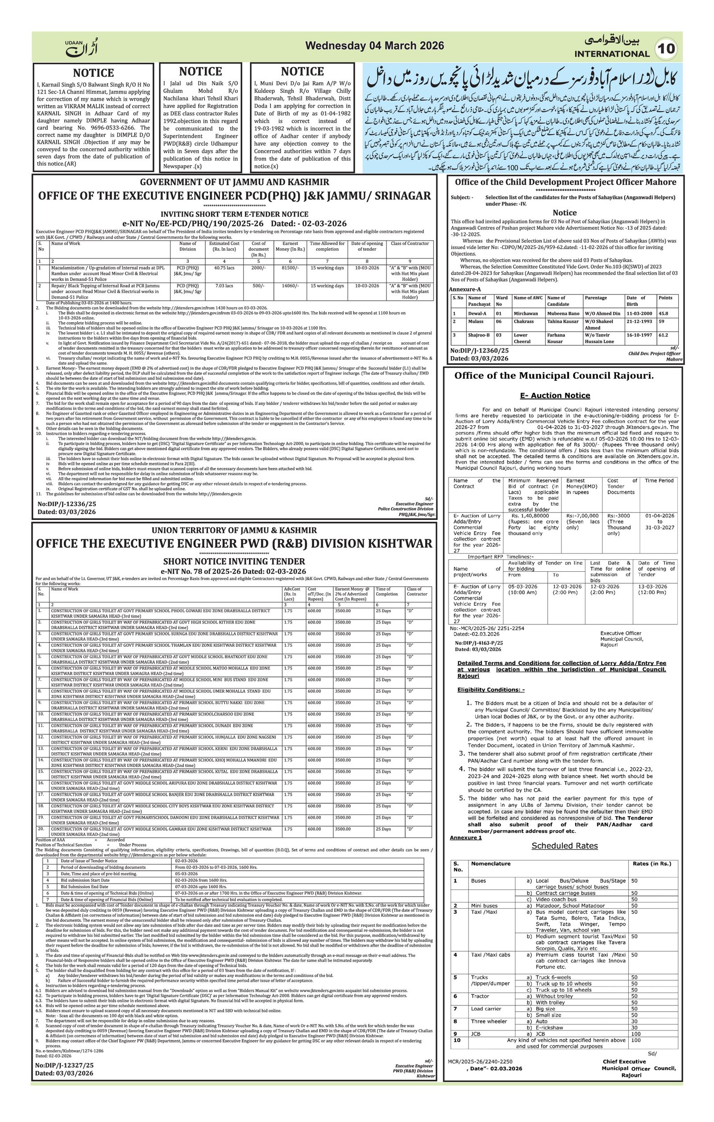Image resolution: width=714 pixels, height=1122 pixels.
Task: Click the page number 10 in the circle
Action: tap(667, 49)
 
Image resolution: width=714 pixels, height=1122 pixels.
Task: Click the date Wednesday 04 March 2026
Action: tap(374, 46)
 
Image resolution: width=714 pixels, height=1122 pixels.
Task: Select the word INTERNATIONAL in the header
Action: tap(611, 54)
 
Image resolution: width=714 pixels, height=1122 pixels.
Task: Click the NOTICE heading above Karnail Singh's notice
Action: tap(93, 73)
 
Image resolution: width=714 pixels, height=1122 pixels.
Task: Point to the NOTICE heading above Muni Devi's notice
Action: tap(302, 71)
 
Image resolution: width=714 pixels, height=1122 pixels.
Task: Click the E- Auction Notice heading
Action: tap(555, 395)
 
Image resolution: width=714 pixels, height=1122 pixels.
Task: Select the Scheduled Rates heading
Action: tap(565, 846)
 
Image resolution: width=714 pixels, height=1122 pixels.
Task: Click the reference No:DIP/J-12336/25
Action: tap(66, 504)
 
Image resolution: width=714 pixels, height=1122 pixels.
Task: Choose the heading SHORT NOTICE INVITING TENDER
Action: tap(234, 561)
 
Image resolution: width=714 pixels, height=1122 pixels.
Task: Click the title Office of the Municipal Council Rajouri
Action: tap(554, 375)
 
